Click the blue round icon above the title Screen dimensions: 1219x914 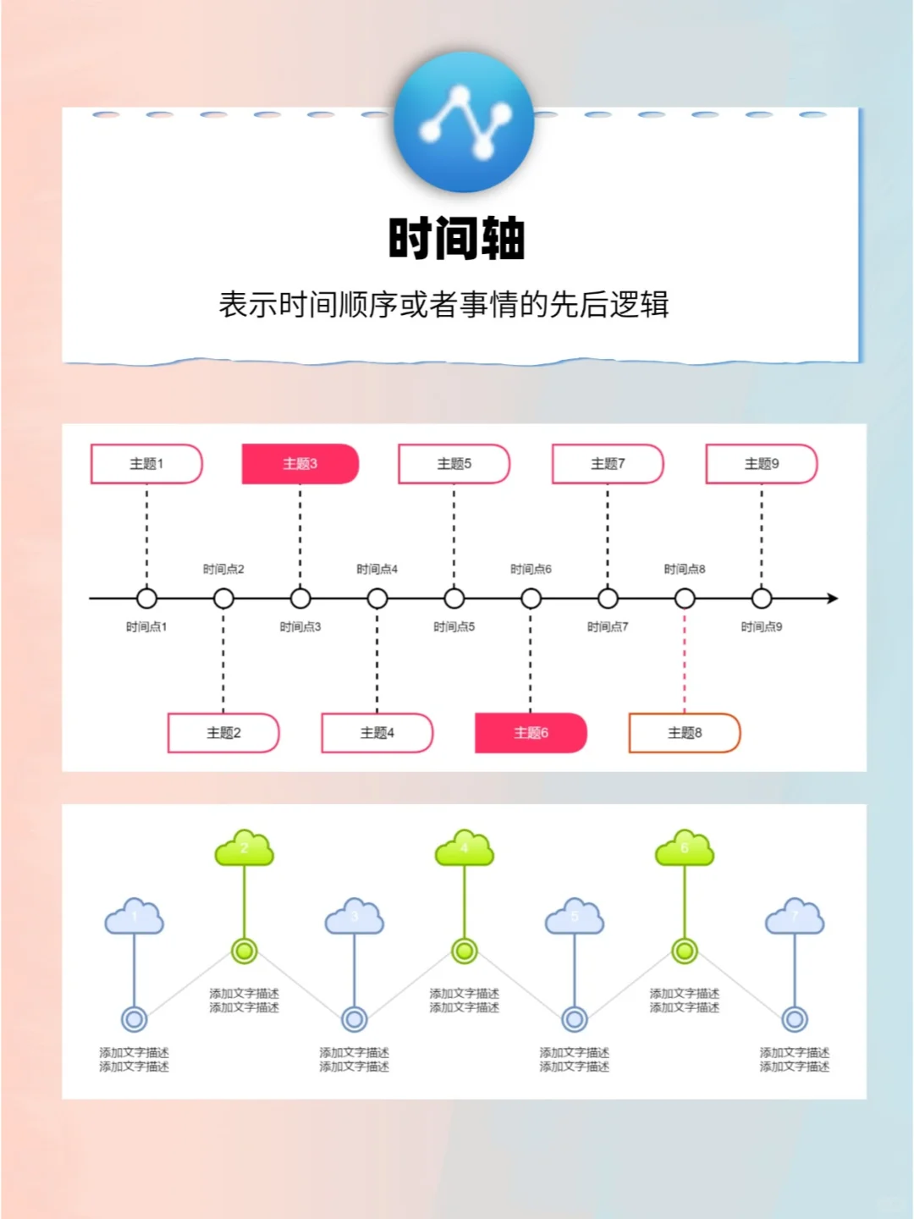(464, 122)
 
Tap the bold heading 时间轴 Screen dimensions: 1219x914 (457, 239)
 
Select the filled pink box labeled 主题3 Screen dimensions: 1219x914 (300, 464)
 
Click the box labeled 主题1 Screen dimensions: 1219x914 (146, 464)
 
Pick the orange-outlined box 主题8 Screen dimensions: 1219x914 (685, 733)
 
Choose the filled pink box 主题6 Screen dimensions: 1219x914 (531, 733)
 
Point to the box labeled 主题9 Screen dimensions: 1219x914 (762, 464)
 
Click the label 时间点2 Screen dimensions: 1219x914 (223, 570)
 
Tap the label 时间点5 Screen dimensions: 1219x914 (454, 627)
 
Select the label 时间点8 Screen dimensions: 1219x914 (685, 570)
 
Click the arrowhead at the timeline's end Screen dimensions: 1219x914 (833, 598)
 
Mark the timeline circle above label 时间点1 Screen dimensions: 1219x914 (146, 598)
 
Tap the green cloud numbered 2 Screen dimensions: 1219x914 (245, 848)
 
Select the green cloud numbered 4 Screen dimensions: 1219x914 (464, 848)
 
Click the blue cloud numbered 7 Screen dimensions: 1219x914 (795, 917)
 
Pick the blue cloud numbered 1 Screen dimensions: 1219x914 (134, 917)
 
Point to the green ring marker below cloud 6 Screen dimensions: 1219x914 (685, 951)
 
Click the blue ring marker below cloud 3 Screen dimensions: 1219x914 (355, 1019)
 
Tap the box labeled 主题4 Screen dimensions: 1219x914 (377, 733)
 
